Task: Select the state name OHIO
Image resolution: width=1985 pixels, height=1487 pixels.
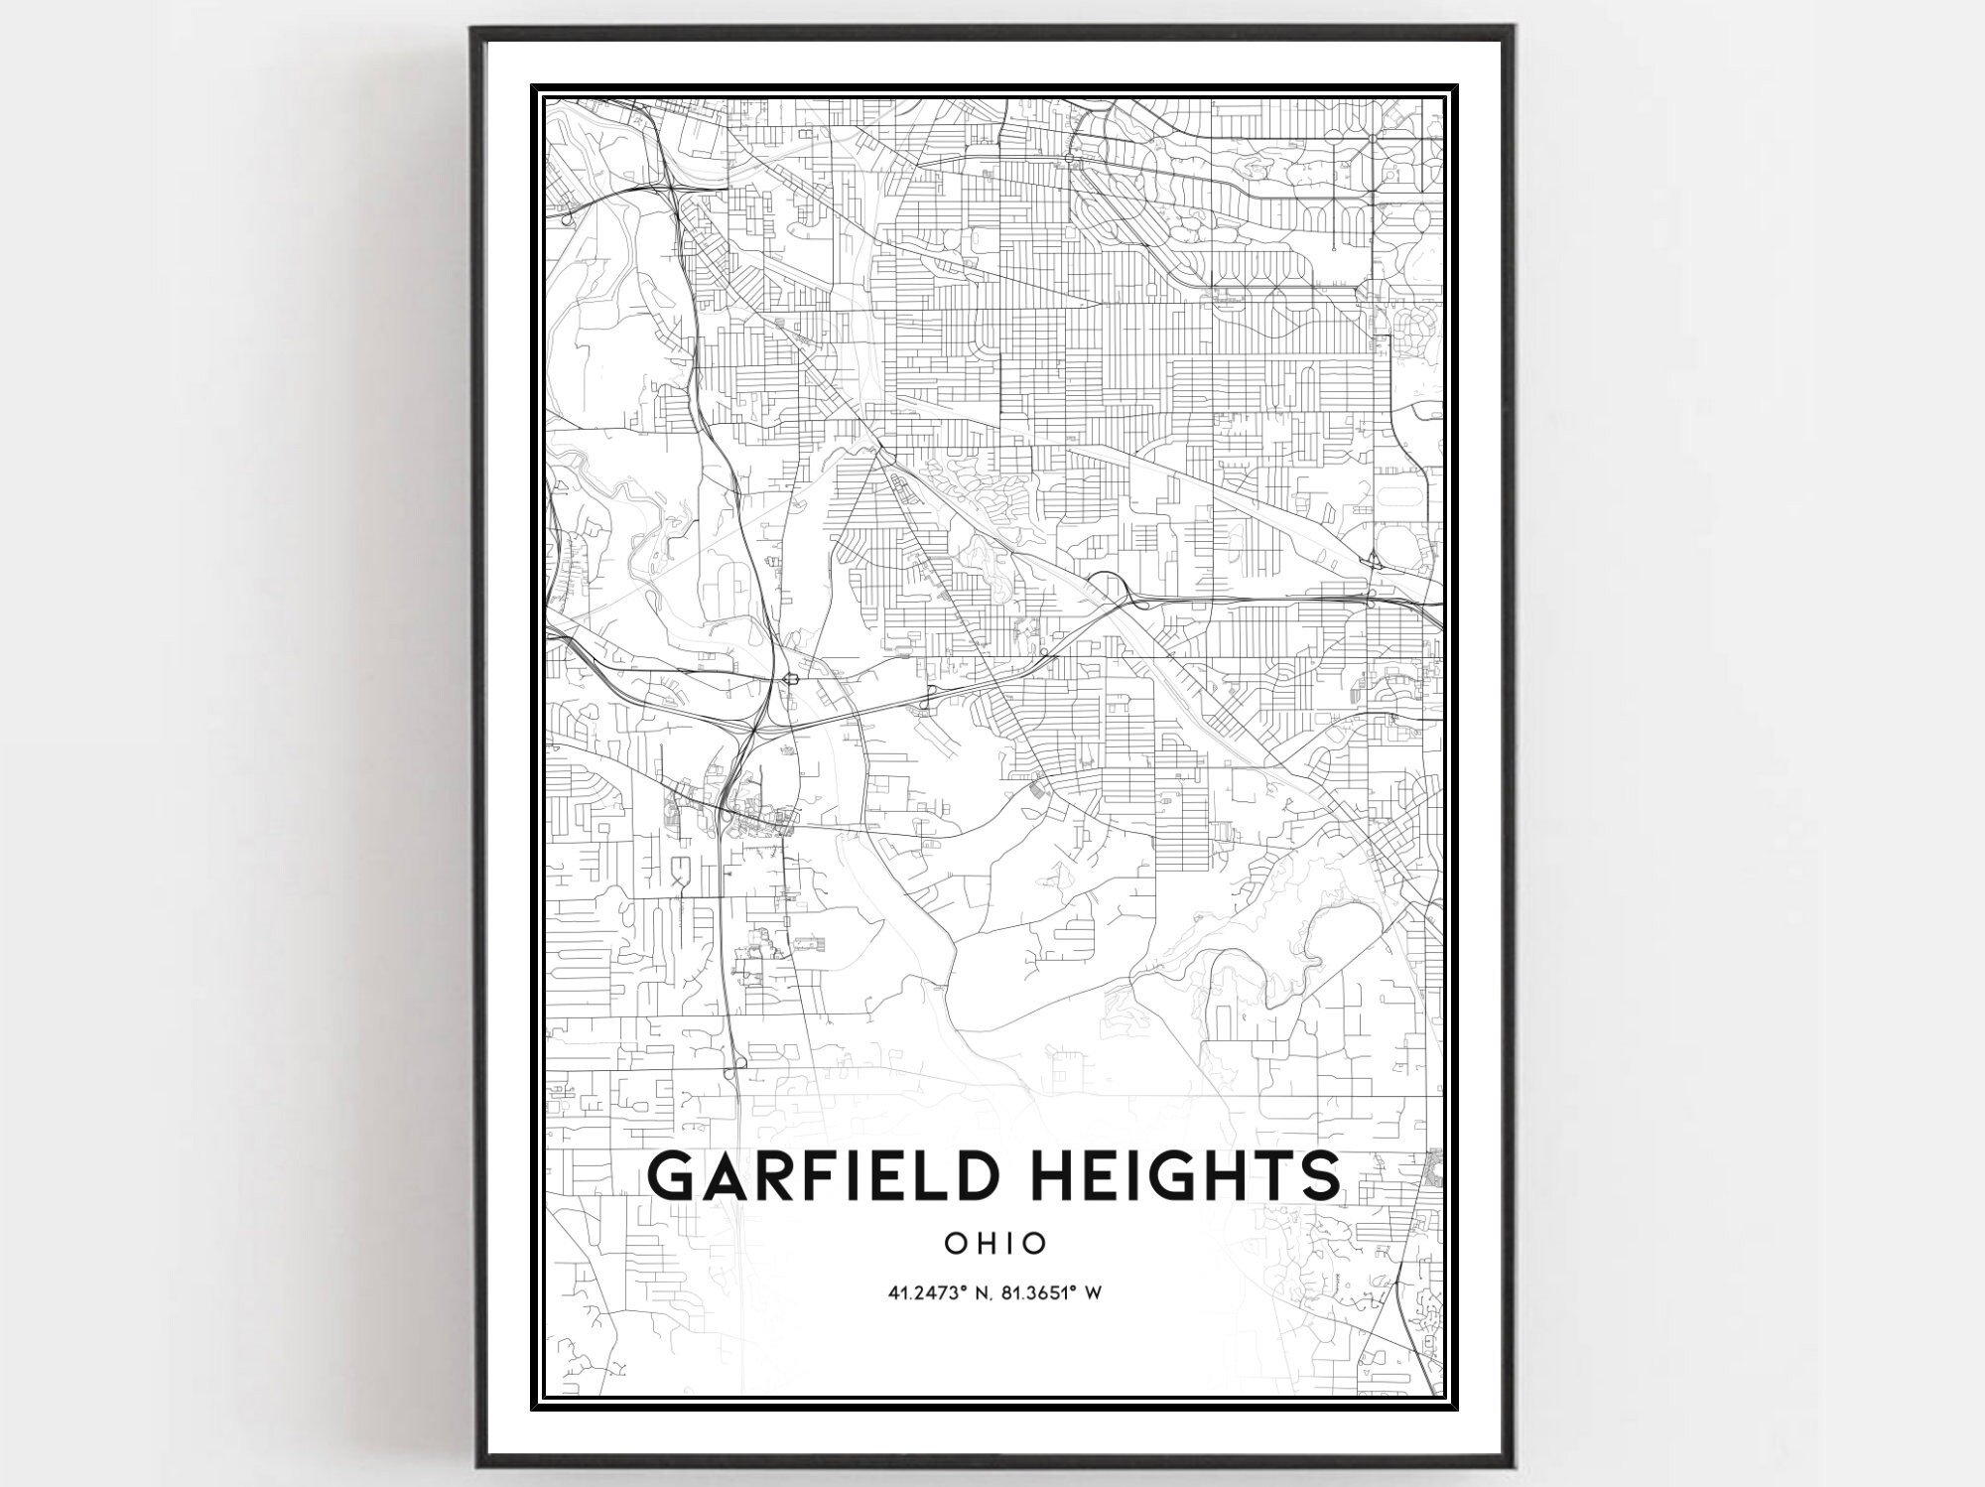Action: (x=995, y=1243)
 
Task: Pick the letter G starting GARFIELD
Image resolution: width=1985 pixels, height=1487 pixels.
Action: (x=672, y=1176)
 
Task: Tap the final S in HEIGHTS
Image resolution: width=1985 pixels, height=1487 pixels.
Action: (x=1317, y=1176)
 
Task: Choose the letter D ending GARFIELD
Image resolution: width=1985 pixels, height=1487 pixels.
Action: (x=976, y=1176)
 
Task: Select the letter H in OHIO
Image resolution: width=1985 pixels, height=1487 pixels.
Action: (x=982, y=1243)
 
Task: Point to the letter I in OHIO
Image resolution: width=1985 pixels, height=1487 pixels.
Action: (x=1006, y=1243)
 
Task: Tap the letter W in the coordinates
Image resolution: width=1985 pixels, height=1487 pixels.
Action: (x=1096, y=1293)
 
